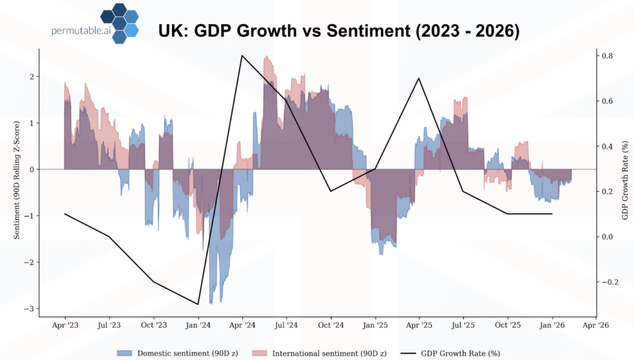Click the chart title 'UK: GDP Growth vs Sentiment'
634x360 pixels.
click(339, 32)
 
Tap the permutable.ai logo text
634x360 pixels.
click(80, 30)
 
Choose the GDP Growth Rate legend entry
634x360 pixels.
click(454, 353)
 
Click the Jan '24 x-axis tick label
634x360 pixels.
click(198, 325)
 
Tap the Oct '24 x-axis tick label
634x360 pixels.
click(331, 325)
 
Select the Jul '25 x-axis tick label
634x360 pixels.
click(463, 325)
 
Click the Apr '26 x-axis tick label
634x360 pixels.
click(596, 325)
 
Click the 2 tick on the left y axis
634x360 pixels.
click(32, 76)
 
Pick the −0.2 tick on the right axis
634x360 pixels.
click(606, 282)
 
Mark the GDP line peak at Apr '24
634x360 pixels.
click(242, 56)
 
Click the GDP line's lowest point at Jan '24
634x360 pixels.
click(198, 304)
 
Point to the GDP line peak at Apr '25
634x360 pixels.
click(419, 79)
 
